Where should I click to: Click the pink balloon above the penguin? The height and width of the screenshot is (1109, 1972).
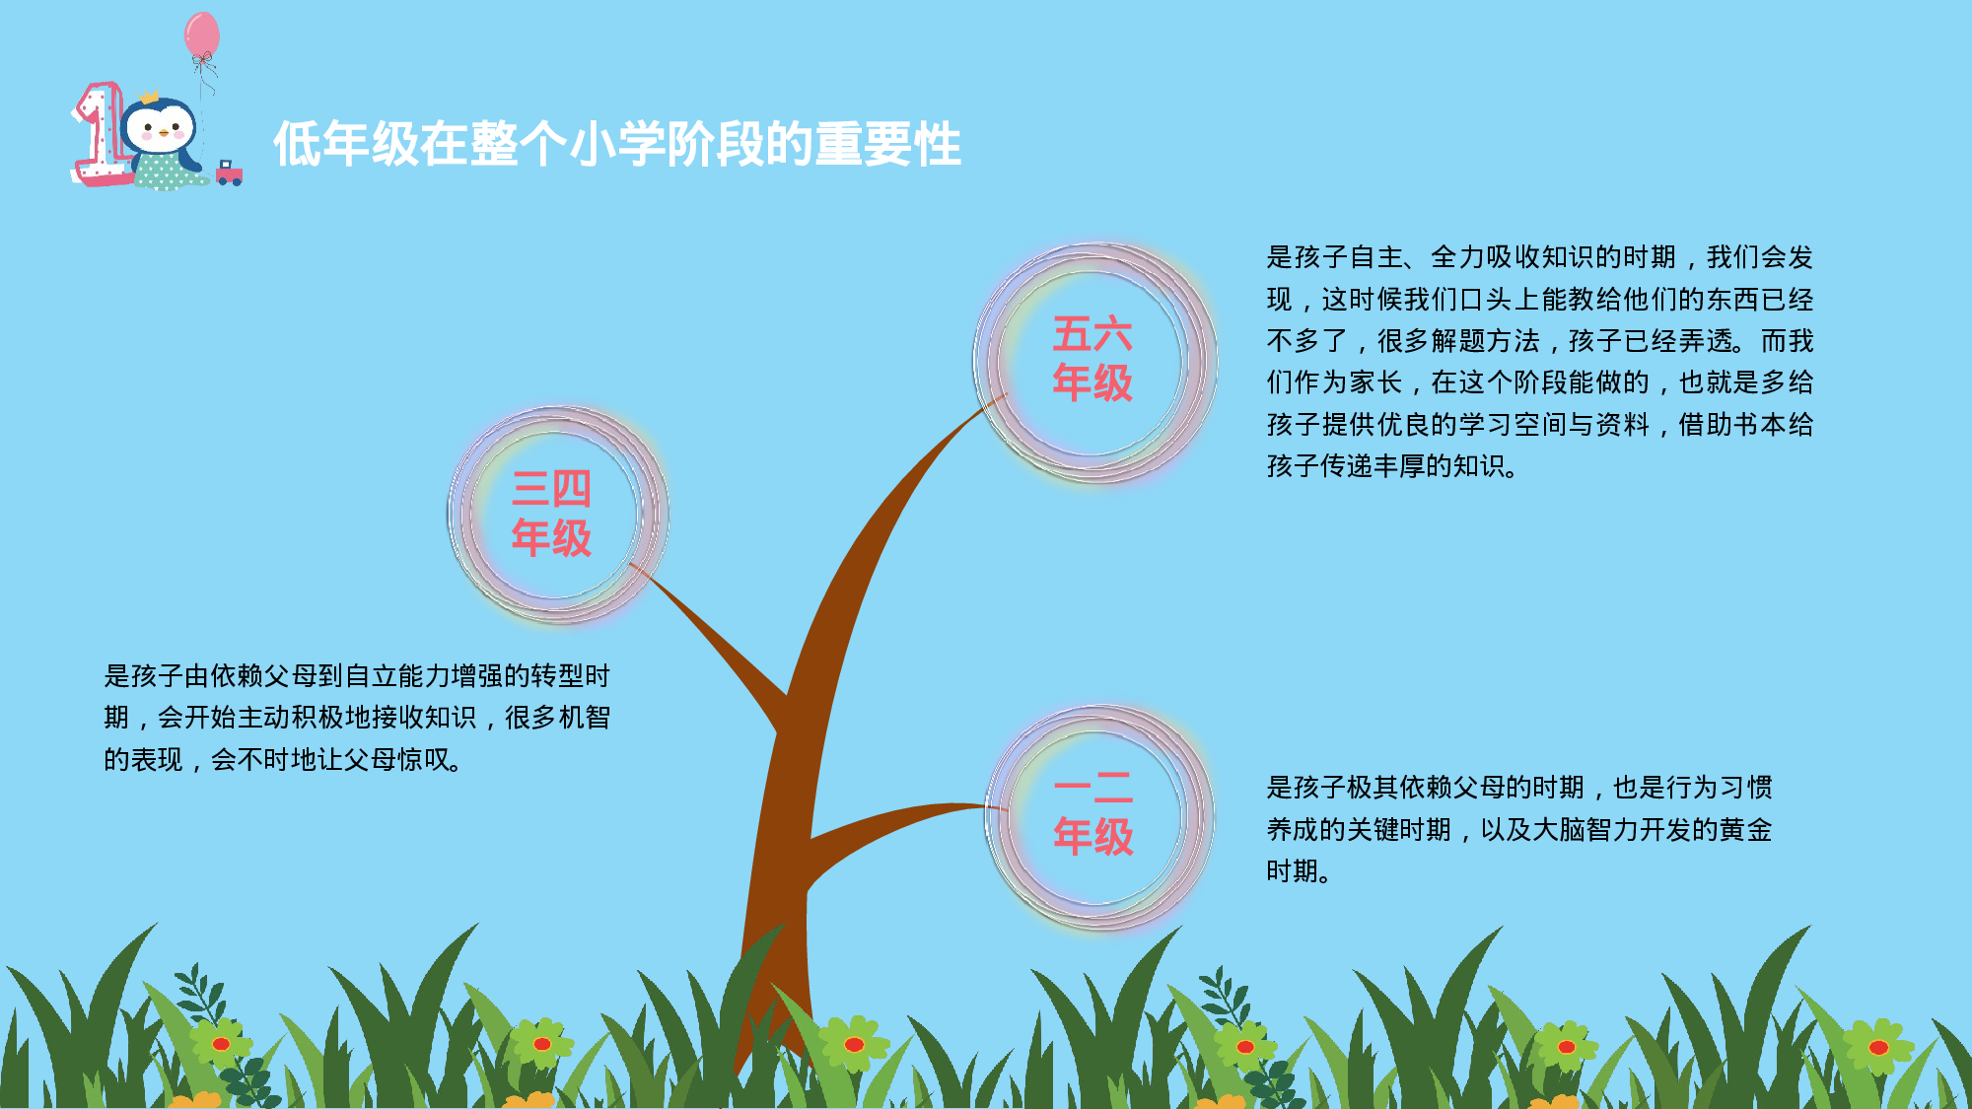(x=202, y=35)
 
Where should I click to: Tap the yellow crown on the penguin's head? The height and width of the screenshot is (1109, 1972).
(x=149, y=98)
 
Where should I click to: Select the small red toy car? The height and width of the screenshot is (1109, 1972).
(x=229, y=173)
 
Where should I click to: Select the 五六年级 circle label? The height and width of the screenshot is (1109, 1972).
(x=1092, y=359)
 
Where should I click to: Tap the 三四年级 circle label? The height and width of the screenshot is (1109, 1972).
(x=552, y=514)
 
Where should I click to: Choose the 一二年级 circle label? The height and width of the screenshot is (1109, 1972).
(x=1093, y=812)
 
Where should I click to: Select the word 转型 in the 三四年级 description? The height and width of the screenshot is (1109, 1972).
(x=557, y=676)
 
